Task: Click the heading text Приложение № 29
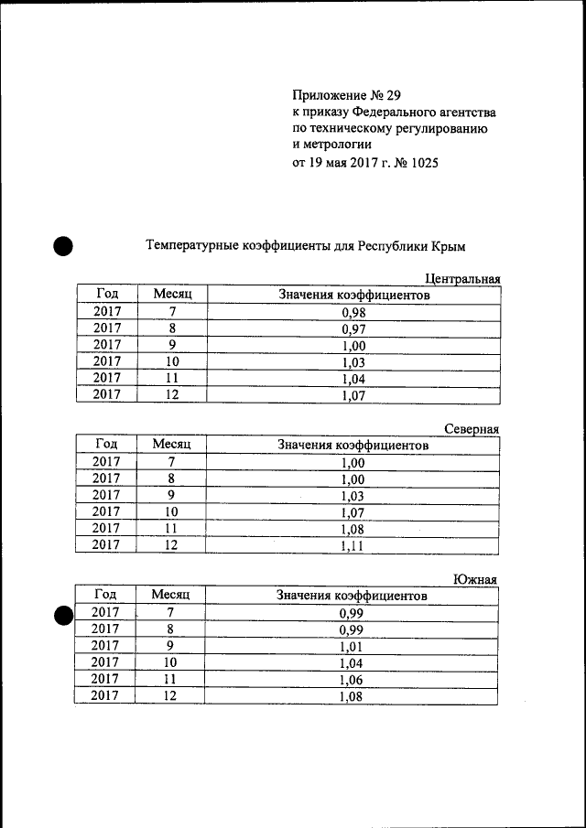point(346,95)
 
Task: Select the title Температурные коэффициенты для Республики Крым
point(306,246)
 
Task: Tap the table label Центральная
point(462,278)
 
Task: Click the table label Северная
point(472,428)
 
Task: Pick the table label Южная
point(476,578)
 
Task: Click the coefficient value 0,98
point(353,312)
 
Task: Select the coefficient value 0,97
point(353,328)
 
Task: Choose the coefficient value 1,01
point(353,646)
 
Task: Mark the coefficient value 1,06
point(353,679)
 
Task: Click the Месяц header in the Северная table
point(170,444)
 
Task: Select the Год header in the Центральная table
point(107,294)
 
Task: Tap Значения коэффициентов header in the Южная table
point(353,596)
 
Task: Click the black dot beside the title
point(63,245)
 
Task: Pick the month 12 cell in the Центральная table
point(170,395)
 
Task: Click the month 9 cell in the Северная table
point(170,495)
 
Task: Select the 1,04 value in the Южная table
point(353,662)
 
